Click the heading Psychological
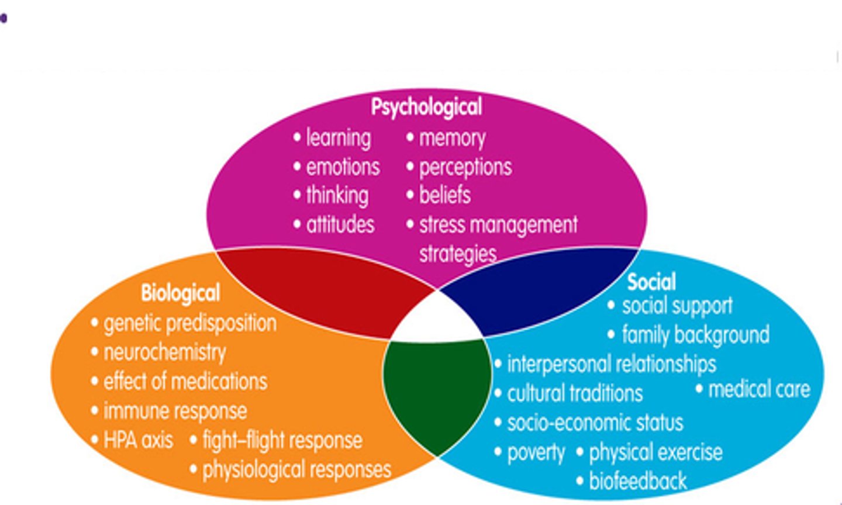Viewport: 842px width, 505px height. pyautogui.click(x=426, y=107)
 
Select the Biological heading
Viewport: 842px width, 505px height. pyautogui.click(x=180, y=293)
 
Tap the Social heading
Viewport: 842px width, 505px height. pyautogui.click(x=651, y=282)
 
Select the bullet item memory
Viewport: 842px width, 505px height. pyautogui.click(x=452, y=138)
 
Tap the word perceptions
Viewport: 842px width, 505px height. pyautogui.click(x=465, y=167)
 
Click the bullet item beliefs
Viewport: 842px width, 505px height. pyautogui.click(x=444, y=195)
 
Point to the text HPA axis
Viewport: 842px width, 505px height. pyautogui.click(x=138, y=440)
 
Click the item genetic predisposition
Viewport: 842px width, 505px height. pyautogui.click(x=189, y=323)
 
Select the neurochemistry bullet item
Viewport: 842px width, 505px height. pyautogui.click(x=164, y=352)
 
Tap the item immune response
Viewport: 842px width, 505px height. pyautogui.click(x=175, y=411)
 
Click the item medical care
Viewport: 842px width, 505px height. pyautogui.click(x=759, y=389)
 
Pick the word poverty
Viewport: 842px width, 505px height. pyautogui.click(x=536, y=452)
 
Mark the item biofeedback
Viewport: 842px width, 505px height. pyautogui.click(x=637, y=481)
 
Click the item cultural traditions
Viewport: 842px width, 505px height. pyautogui.click(x=575, y=393)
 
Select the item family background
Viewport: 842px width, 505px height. pyautogui.click(x=695, y=335)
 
